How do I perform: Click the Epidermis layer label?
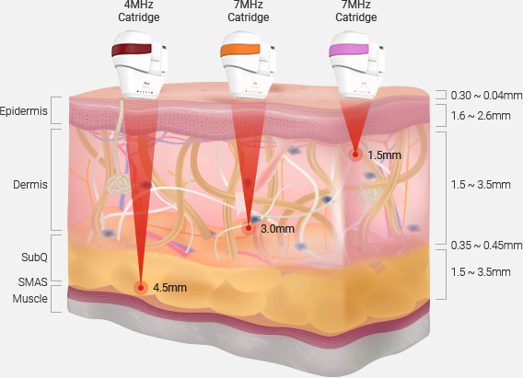(24, 111)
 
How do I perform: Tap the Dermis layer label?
(30, 185)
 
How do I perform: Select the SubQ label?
(34, 258)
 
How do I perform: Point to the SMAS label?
(33, 282)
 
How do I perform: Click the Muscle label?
(30, 298)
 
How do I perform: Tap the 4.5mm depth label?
(169, 288)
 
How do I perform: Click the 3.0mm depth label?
(277, 229)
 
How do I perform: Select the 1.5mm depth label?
(384, 155)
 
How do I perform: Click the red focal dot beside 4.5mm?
(141, 288)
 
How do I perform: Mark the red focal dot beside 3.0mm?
(249, 228)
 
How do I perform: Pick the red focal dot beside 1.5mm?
(355, 155)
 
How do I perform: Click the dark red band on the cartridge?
(132, 50)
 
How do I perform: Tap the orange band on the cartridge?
(239, 50)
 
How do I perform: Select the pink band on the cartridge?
(349, 50)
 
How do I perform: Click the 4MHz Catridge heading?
(139, 11)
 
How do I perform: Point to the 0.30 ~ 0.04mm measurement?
(487, 96)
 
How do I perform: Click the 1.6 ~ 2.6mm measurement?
(481, 116)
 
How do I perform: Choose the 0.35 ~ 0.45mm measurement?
(487, 246)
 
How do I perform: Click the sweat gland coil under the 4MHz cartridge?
(119, 184)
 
